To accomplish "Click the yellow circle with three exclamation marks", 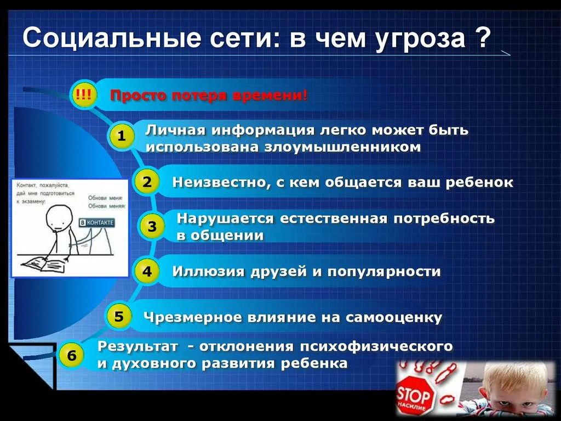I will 84,97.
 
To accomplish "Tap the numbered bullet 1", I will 122,137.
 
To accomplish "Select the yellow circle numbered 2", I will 147,182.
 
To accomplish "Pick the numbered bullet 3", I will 152,226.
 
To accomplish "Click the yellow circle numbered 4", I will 147,271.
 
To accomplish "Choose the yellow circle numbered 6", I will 72,356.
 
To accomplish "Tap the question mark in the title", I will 482,41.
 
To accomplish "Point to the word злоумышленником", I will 343,147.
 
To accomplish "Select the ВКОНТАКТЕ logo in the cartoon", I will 96,223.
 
